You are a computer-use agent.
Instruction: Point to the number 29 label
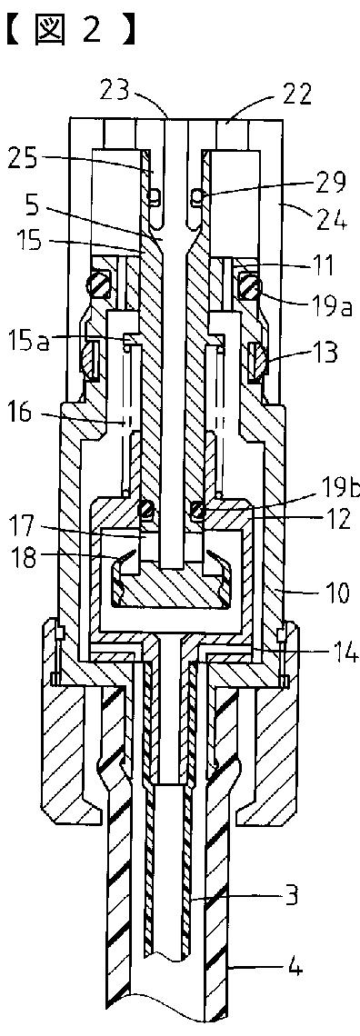(329, 183)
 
